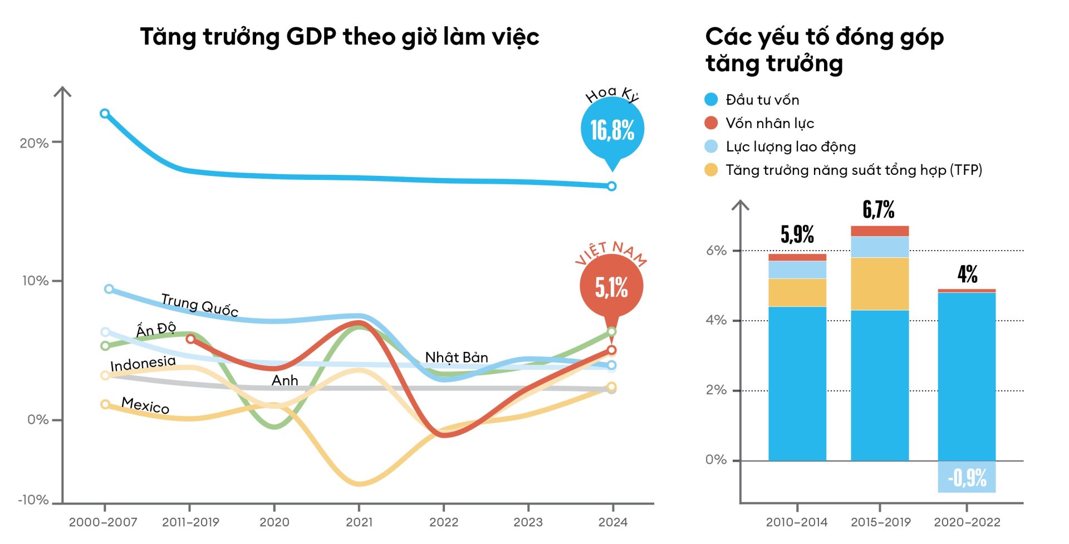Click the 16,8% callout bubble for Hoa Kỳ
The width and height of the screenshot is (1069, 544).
[612, 130]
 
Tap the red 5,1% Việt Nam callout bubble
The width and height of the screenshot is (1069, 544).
[611, 287]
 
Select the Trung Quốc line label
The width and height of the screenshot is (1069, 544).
[199, 305]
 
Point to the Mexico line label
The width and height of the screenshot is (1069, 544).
[145, 405]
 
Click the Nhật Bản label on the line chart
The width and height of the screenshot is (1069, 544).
[457, 357]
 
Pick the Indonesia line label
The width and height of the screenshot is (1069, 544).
[143, 364]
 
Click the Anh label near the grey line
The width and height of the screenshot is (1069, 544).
[285, 381]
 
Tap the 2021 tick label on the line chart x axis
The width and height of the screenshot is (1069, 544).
[359, 522]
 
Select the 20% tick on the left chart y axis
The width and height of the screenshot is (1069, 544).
[34, 143]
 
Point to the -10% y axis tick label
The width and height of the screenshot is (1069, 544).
[33, 500]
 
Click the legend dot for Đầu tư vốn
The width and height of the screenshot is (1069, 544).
[711, 100]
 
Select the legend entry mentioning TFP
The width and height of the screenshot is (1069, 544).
[854, 170]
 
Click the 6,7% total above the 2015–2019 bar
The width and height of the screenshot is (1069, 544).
[879, 210]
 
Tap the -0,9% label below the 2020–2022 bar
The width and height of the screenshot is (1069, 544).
[967, 478]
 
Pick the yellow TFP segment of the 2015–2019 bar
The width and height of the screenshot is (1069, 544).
[880, 283]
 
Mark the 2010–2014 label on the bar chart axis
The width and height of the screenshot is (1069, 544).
[797, 522]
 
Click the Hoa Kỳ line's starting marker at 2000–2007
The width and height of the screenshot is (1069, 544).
[105, 114]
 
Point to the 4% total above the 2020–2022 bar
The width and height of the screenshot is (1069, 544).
[968, 274]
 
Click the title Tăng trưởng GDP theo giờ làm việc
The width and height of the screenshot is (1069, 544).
[340, 37]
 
